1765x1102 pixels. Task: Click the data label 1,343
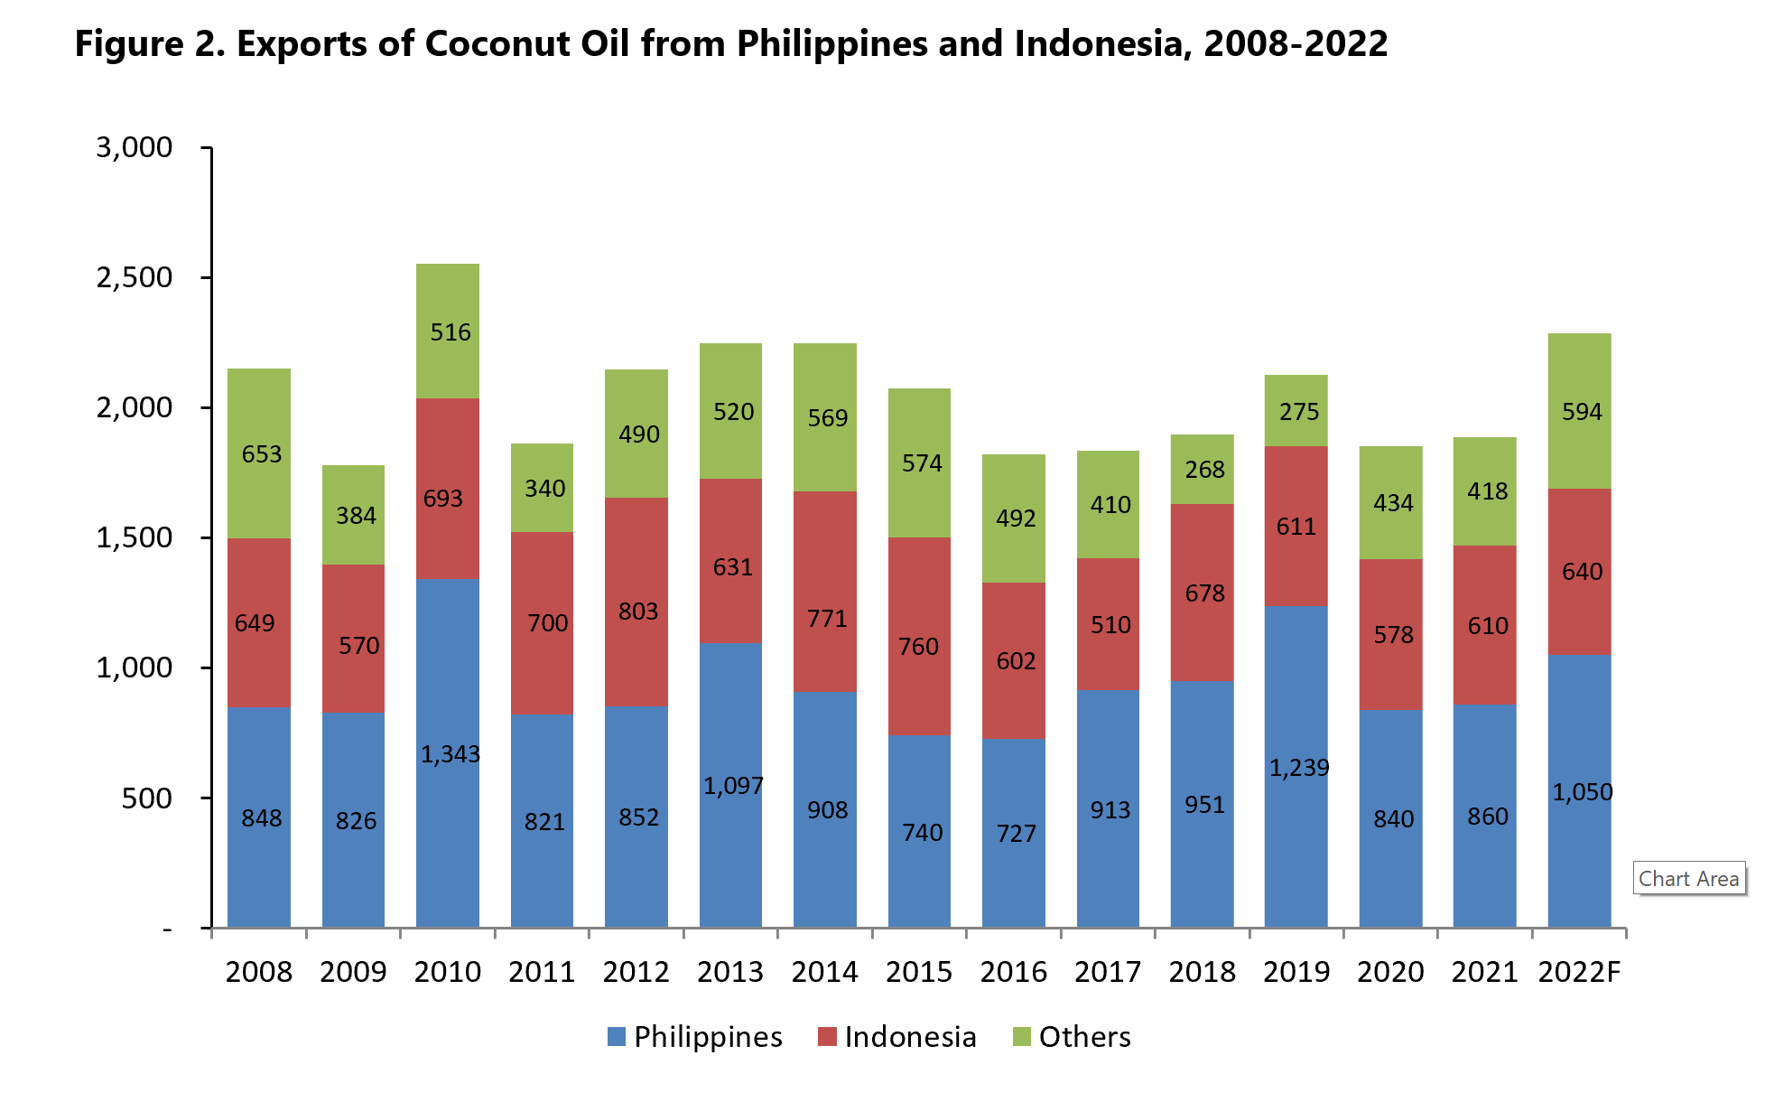451,754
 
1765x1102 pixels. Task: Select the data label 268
1204,470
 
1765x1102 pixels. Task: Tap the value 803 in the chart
637,612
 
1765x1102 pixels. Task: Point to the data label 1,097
733,786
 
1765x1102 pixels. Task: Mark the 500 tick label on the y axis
146,798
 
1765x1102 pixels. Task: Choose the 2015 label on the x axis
918,972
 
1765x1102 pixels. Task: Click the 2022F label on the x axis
1579,972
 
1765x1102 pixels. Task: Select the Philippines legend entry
694,1037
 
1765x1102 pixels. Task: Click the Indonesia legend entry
897,1037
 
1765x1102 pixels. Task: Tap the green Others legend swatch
1021,1037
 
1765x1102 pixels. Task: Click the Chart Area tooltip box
1688,879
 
